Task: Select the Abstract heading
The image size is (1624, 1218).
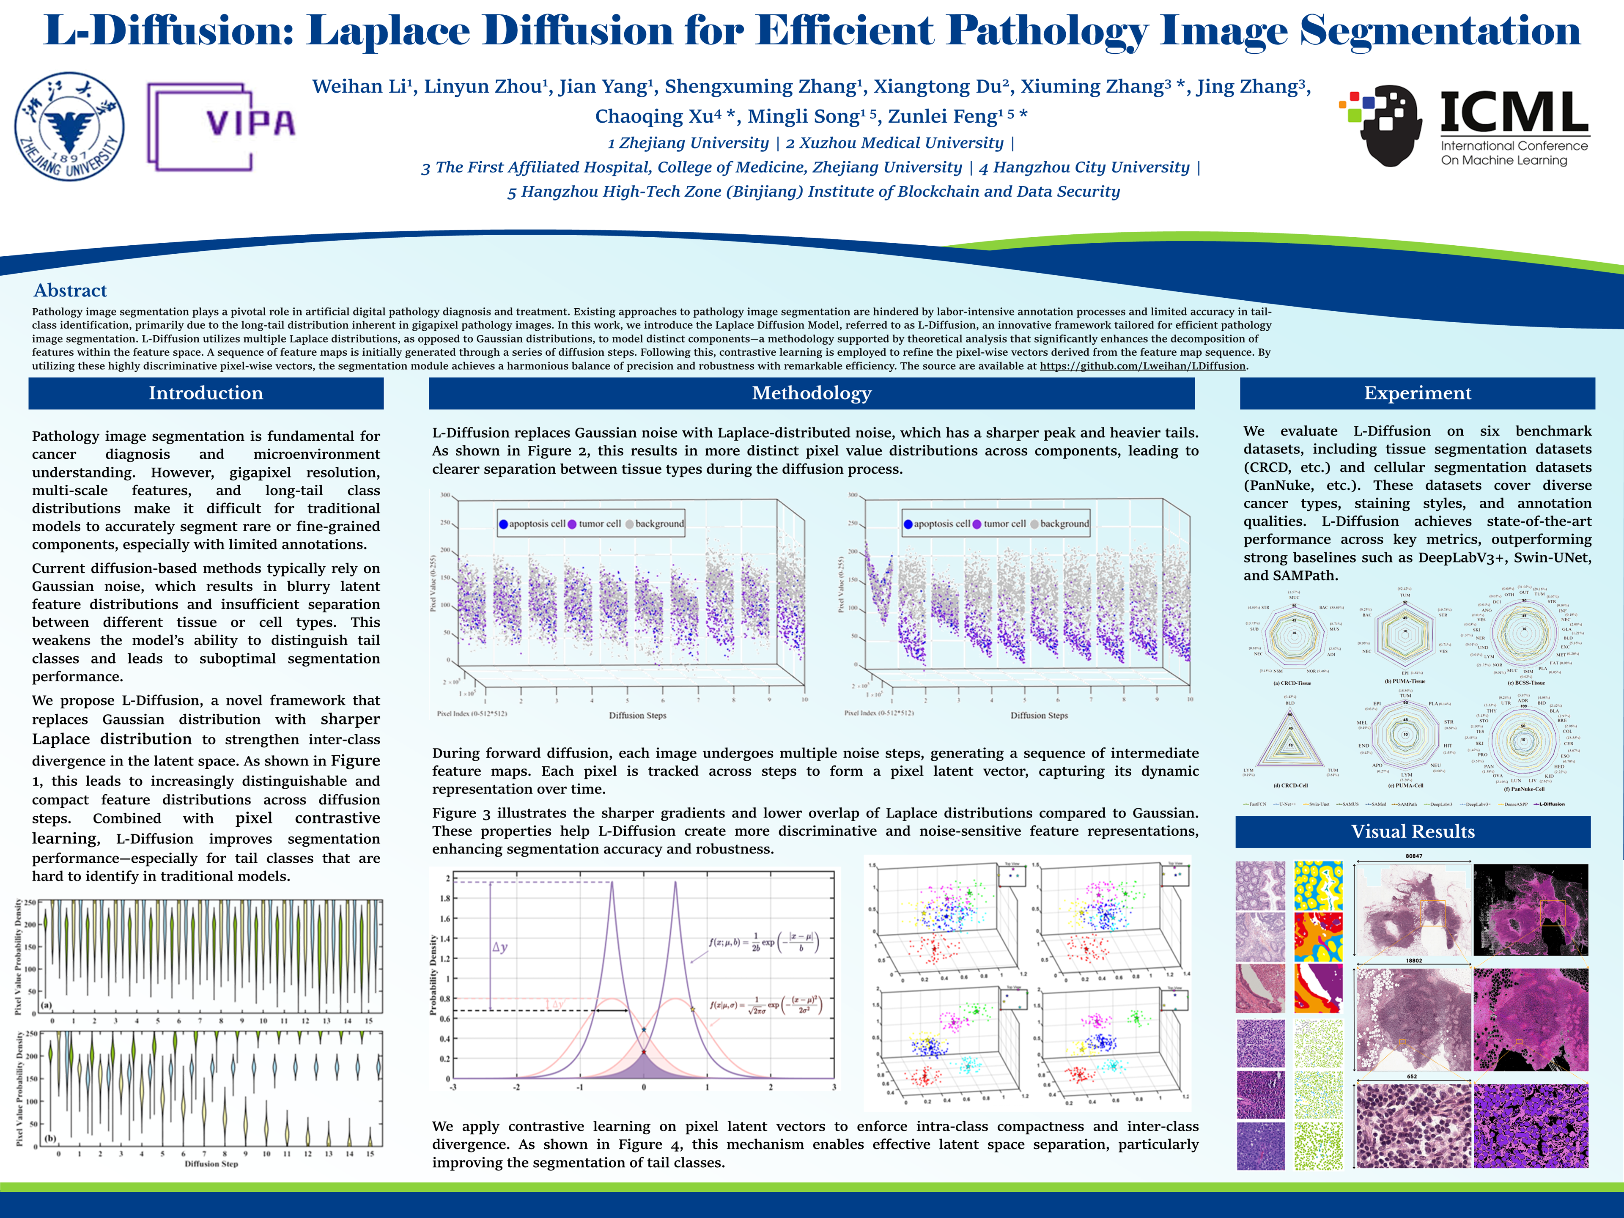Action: coord(71,291)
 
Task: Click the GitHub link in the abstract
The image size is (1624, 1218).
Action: coord(1142,366)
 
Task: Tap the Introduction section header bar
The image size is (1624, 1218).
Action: coord(206,393)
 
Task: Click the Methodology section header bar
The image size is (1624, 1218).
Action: coord(811,393)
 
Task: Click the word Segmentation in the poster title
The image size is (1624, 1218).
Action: coord(1439,31)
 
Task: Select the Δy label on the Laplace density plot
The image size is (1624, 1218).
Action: coord(500,947)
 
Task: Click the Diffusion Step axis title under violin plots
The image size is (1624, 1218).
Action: coord(211,1164)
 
